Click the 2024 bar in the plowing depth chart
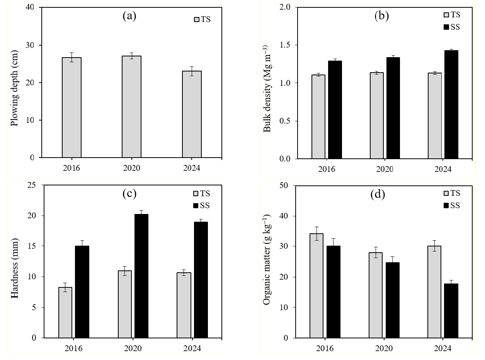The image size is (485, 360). tap(192, 114)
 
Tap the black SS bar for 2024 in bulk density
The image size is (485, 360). tap(451, 104)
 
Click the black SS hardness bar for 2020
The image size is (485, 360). tap(141, 276)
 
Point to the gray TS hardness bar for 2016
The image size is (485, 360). tap(65, 312)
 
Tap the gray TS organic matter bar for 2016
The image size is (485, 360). tap(317, 285)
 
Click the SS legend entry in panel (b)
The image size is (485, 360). tap(451, 27)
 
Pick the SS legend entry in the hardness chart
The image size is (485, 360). tap(201, 205)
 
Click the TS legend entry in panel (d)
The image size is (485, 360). tap(451, 194)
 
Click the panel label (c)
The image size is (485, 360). tap(129, 194)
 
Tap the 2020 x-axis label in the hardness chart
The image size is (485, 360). tap(133, 348)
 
